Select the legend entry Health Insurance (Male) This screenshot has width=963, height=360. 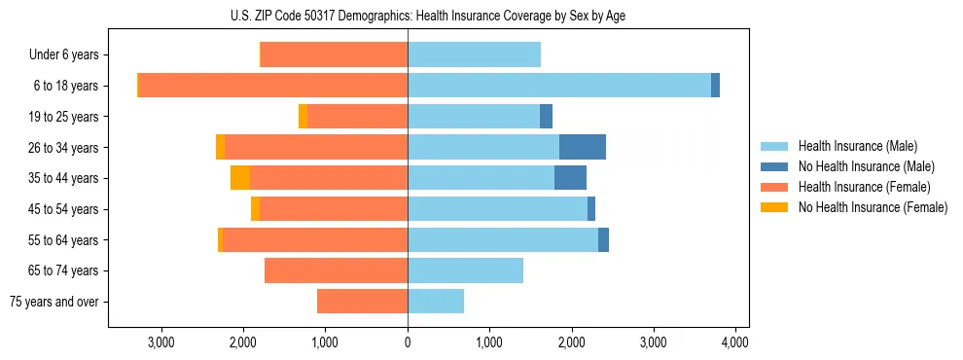click(x=857, y=147)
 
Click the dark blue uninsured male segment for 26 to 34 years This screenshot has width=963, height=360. click(x=583, y=147)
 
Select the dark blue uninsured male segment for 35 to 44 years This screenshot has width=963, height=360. click(x=570, y=178)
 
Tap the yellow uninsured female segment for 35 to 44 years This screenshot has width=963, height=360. click(x=240, y=178)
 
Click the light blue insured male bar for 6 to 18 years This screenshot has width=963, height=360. click(x=559, y=86)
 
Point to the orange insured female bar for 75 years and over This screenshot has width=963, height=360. click(x=362, y=302)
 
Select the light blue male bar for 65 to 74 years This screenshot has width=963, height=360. click(x=465, y=270)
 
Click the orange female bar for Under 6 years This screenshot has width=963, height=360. click(x=334, y=54)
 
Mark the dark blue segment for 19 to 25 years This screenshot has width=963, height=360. click(x=546, y=117)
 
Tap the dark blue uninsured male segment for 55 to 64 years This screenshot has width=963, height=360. click(x=603, y=239)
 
